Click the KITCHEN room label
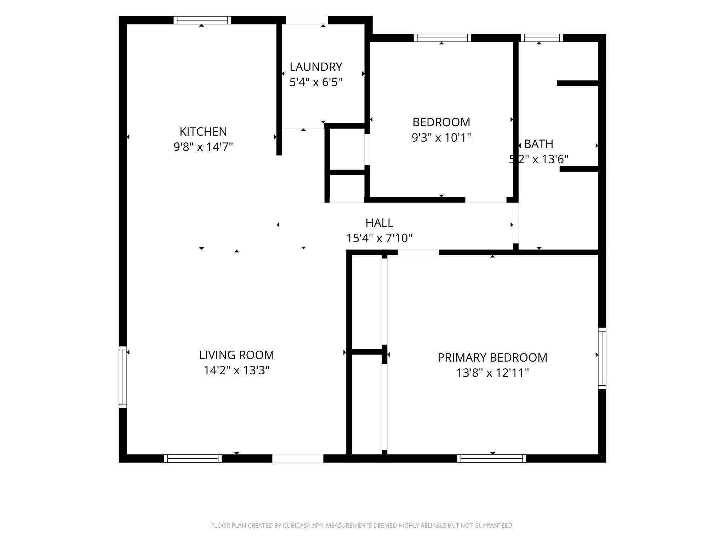tap(203, 131)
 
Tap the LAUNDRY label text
tap(316, 67)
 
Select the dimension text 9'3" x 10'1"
tap(441, 137)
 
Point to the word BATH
tap(538, 144)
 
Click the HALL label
tap(379, 223)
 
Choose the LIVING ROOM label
tap(236, 355)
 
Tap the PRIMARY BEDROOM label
tap(492, 357)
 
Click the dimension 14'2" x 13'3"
tap(236, 370)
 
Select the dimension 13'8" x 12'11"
tap(492, 373)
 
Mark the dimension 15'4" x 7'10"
tap(379, 238)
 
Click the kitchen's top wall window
tap(202, 20)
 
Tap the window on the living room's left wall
tap(123, 377)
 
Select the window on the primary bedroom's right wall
tap(602, 358)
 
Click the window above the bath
tap(542, 38)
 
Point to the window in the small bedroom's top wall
tap(442, 38)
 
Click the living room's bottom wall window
tap(193, 458)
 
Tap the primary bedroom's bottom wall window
tap(492, 458)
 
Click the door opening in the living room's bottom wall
tap(298, 458)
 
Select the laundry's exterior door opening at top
tap(307, 20)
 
